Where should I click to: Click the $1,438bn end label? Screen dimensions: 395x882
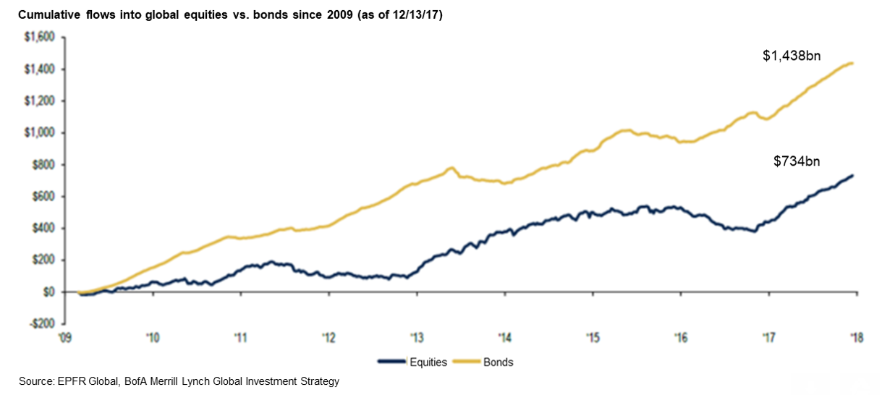(x=792, y=56)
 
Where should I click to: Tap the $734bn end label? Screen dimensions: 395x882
(x=797, y=162)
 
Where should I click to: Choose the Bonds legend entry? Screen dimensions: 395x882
(x=499, y=362)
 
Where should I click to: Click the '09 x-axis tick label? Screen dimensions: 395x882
(x=64, y=338)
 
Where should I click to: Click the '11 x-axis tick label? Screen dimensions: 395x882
(x=241, y=338)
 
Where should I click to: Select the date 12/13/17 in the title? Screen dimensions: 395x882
(x=415, y=14)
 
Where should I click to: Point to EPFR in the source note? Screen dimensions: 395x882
(x=69, y=381)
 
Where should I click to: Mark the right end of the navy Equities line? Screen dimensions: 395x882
(x=854, y=175)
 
